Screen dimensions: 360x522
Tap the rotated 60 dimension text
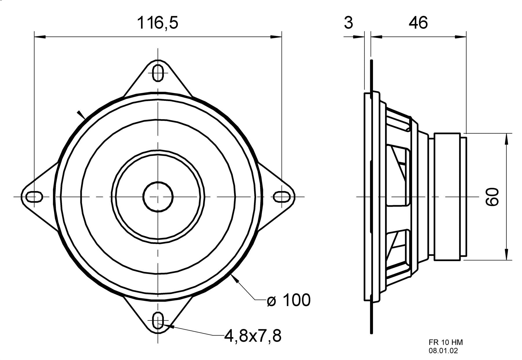pos(492,197)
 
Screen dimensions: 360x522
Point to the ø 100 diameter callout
pos(289,300)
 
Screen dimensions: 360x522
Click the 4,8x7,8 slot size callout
pos(253,336)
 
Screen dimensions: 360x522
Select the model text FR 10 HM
pos(446,342)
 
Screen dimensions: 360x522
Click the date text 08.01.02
pos(443,351)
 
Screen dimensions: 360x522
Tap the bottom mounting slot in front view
pos(158,321)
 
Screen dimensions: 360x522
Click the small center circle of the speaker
pos(158,197)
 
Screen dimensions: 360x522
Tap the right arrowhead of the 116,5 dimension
pos(276,37)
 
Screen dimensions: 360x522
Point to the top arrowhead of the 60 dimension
pos(506,139)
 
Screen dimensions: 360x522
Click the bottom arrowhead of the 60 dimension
pos(506,254)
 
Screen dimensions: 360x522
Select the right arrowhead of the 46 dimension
pos(461,37)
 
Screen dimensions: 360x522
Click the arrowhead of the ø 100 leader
pos(235,279)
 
